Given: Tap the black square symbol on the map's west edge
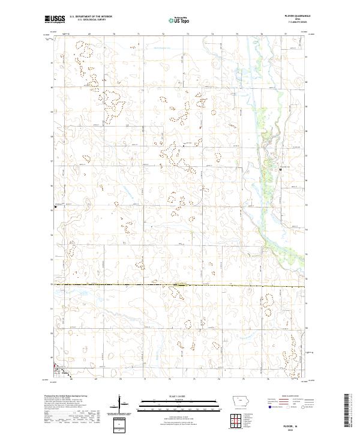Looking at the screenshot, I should [56, 207].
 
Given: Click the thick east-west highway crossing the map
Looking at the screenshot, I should [180, 285].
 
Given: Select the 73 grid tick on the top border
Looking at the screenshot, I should [188, 35].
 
